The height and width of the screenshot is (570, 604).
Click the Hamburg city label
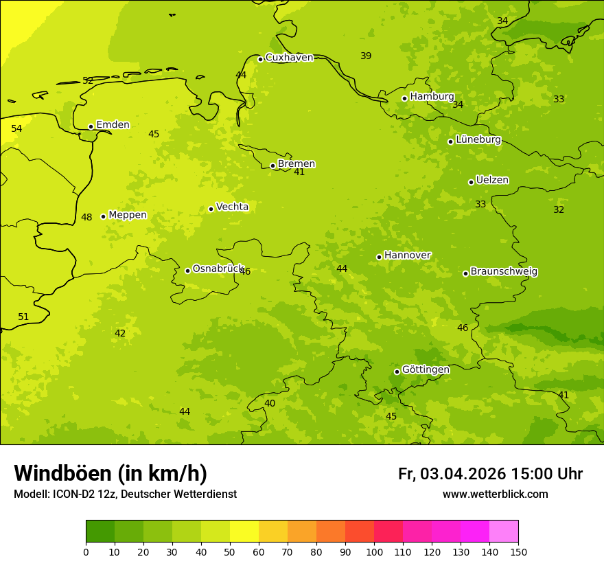(432, 97)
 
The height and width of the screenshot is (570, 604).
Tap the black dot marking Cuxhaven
(260, 59)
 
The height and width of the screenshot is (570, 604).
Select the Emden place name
(113, 125)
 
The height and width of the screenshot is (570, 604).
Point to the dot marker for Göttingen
(397, 372)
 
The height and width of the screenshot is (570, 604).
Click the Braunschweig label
(504, 272)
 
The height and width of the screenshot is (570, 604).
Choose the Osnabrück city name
(218, 269)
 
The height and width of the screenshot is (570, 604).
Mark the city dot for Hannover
(379, 257)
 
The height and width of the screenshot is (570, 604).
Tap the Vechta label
(232, 207)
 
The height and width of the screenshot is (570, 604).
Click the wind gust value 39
(366, 56)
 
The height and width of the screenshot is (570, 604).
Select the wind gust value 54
(16, 128)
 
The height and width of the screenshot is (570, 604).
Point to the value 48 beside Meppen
(86, 218)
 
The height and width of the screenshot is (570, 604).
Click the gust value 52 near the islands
(88, 80)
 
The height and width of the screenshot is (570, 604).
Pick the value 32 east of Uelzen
(559, 209)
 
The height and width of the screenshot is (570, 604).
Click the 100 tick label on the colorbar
(374, 551)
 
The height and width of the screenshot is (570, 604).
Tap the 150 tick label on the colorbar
(518, 551)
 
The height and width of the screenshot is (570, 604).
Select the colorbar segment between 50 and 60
(244, 532)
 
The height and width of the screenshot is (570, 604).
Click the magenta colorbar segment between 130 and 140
(475, 532)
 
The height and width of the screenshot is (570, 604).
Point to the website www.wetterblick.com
(495, 494)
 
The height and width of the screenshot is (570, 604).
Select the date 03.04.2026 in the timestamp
(463, 474)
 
